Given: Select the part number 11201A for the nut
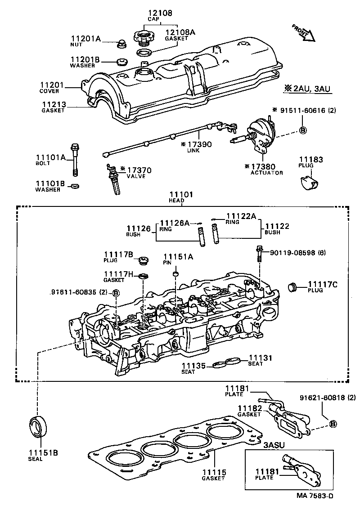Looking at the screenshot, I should pyautogui.click(x=85, y=38).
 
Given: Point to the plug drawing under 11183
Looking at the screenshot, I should pyautogui.click(x=308, y=182).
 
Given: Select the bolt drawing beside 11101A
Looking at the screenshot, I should pyautogui.click(x=75, y=160).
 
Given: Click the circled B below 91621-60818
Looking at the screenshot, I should pyautogui.click(x=333, y=424).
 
